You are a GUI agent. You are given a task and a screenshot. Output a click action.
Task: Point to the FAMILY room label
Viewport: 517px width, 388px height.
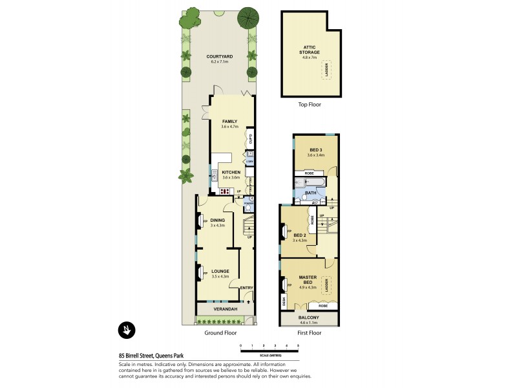pyautogui.click(x=230, y=121)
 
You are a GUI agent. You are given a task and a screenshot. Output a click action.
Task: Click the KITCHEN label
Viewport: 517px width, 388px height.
pyautogui.click(x=231, y=173)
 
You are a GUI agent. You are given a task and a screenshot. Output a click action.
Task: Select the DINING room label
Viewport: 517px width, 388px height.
pyautogui.click(x=217, y=221)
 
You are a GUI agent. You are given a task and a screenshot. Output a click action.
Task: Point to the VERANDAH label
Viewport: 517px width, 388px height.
pyautogui.click(x=226, y=309)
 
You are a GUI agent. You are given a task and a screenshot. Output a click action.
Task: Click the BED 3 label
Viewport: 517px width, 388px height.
pyautogui.click(x=315, y=151)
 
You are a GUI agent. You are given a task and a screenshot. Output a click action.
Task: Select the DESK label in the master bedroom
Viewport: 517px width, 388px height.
pyautogui.click(x=284, y=301)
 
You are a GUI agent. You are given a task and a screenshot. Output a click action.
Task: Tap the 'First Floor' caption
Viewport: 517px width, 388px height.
pyautogui.click(x=309, y=333)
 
